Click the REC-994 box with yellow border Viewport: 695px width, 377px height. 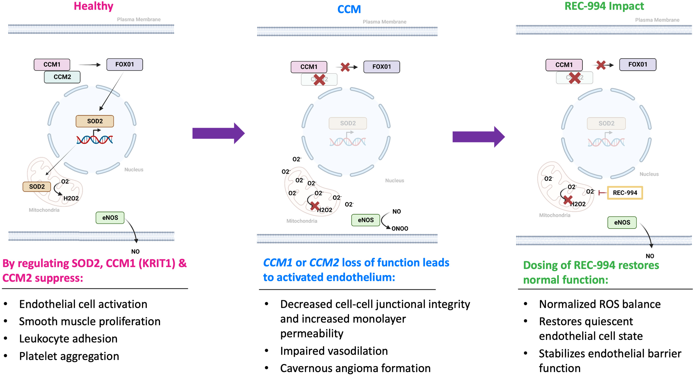(x=625, y=193)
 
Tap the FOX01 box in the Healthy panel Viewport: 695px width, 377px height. (x=125, y=64)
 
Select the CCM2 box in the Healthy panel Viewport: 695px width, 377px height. (x=62, y=77)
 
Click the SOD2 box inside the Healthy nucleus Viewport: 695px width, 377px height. (x=95, y=121)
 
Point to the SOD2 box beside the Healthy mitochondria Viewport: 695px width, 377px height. (x=37, y=186)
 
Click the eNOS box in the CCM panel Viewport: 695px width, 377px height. (x=366, y=220)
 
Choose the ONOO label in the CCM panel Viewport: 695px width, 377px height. (x=399, y=229)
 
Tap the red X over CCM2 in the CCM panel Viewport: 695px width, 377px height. (x=319, y=80)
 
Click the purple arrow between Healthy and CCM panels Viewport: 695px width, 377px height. (x=218, y=133)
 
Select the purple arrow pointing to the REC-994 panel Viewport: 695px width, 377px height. (x=478, y=137)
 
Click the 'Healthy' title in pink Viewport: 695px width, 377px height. (x=93, y=6)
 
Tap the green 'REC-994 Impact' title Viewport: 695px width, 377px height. (x=604, y=6)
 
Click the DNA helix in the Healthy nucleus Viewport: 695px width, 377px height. (x=95, y=139)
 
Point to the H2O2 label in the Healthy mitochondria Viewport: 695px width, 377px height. (x=71, y=198)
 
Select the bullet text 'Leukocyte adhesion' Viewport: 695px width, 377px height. (x=68, y=339)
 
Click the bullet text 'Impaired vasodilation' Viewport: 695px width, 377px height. (x=334, y=351)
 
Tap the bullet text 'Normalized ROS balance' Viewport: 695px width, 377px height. (x=600, y=304)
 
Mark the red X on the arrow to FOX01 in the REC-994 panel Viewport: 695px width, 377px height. (x=601, y=65)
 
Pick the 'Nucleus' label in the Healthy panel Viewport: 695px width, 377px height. (x=134, y=170)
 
